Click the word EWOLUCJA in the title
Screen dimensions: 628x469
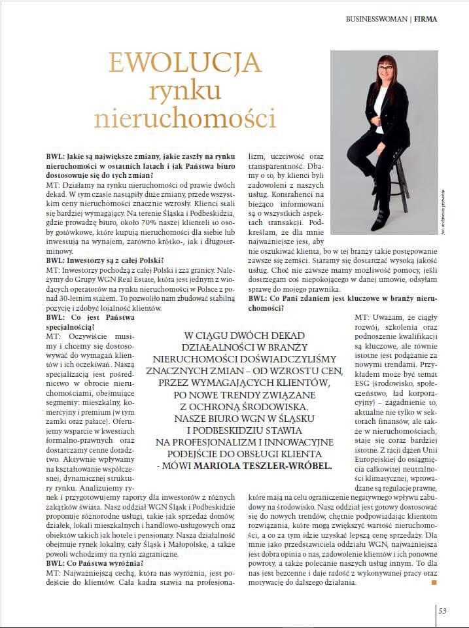184,64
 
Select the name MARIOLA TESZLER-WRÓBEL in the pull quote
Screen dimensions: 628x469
277,467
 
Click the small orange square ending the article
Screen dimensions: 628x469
433,581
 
